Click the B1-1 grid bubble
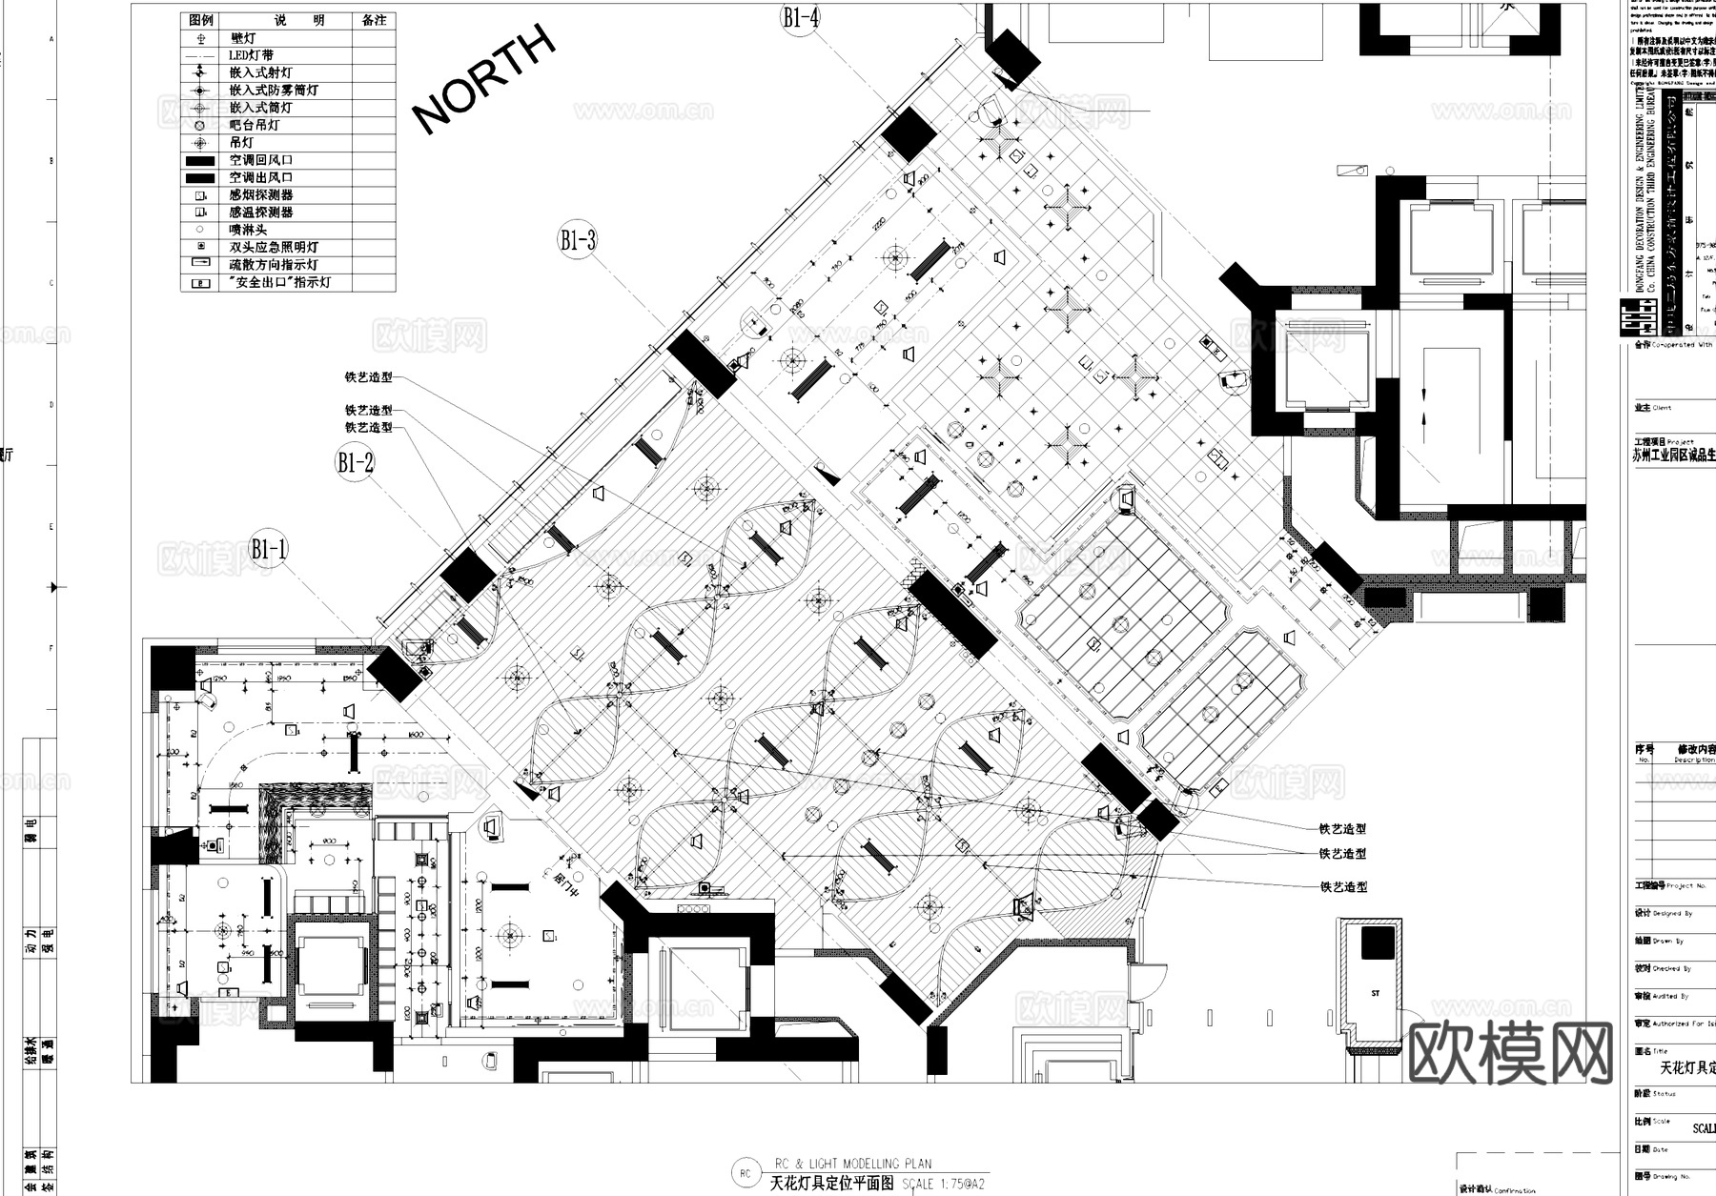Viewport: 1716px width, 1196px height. click(x=268, y=549)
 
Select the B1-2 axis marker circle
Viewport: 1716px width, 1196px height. click(x=355, y=463)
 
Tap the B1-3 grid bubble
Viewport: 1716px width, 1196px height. click(x=578, y=240)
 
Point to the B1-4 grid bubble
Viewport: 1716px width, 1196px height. click(x=801, y=17)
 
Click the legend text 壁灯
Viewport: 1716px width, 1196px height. click(x=243, y=38)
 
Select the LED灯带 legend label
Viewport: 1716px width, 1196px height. click(x=251, y=55)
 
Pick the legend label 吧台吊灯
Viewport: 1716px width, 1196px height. click(x=255, y=125)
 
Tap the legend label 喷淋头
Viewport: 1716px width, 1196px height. click(x=248, y=230)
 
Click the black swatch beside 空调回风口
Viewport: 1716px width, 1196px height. click(x=200, y=160)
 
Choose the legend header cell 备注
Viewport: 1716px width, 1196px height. click(x=374, y=20)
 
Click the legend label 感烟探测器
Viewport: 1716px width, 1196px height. click(x=260, y=194)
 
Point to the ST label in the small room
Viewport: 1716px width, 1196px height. click(x=1376, y=993)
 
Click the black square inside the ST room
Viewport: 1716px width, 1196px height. click(x=1377, y=943)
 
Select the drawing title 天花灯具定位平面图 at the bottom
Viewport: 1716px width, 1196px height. click(x=831, y=1184)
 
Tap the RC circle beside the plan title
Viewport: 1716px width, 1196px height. click(x=746, y=1174)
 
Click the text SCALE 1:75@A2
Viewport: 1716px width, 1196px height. click(x=943, y=1185)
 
